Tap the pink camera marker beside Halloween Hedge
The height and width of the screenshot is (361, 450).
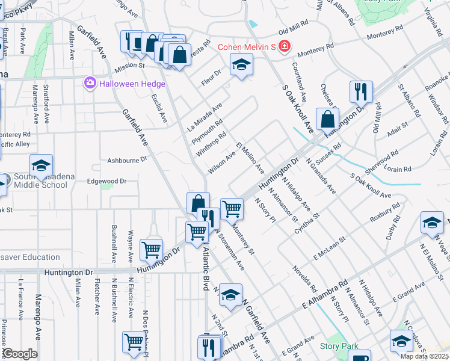click(90, 82)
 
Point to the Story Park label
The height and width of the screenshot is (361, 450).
click(339, 346)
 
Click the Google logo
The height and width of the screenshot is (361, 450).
click(20, 354)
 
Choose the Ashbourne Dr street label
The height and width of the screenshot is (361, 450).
click(127, 160)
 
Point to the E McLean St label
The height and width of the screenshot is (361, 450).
click(328, 248)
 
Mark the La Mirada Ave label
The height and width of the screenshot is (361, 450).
click(205, 116)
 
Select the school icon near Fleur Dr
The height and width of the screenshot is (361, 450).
click(241, 64)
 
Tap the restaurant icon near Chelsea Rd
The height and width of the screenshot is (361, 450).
click(361, 91)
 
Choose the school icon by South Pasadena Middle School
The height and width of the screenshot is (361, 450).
click(41, 165)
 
